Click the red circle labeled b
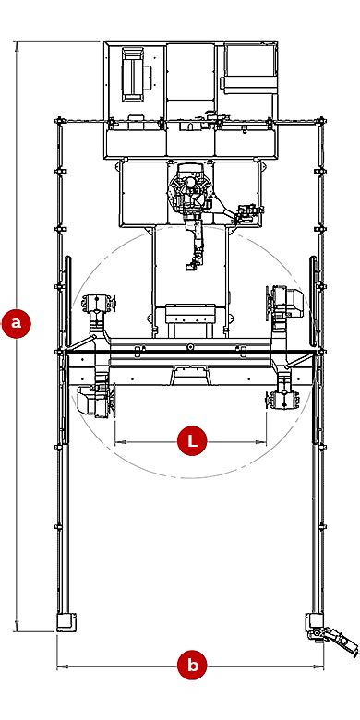[192, 665]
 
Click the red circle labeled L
[192, 441]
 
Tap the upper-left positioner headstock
[98, 306]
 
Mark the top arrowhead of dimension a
[17, 43]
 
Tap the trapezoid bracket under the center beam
[191, 374]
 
